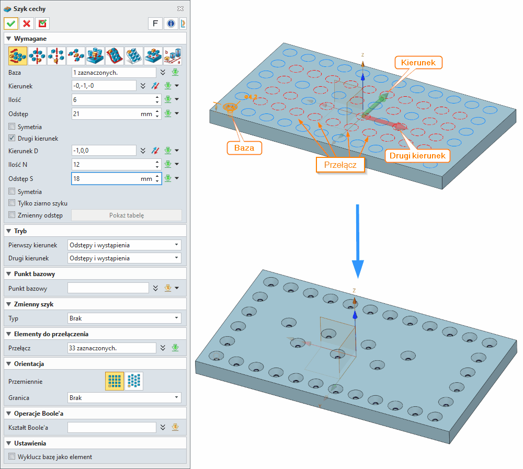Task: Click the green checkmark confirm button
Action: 11,24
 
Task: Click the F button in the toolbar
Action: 155,24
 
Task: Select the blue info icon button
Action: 170,24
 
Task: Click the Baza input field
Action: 113,73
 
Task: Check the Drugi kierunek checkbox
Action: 12,139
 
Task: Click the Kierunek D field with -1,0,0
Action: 104,151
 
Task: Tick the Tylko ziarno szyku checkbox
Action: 12,203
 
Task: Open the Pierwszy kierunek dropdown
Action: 124,245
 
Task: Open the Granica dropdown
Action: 124,398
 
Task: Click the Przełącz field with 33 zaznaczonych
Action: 112,348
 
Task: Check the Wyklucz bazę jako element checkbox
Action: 12,456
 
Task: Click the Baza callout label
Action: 244,148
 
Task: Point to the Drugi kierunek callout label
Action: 417,155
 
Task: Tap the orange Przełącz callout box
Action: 340,165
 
